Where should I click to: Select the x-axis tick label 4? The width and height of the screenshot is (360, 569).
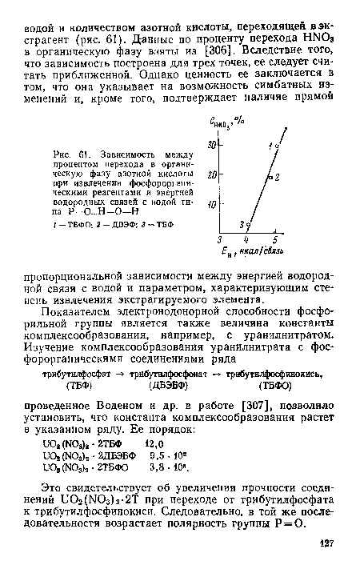246,239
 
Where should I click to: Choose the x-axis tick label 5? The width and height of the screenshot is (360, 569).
274,239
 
